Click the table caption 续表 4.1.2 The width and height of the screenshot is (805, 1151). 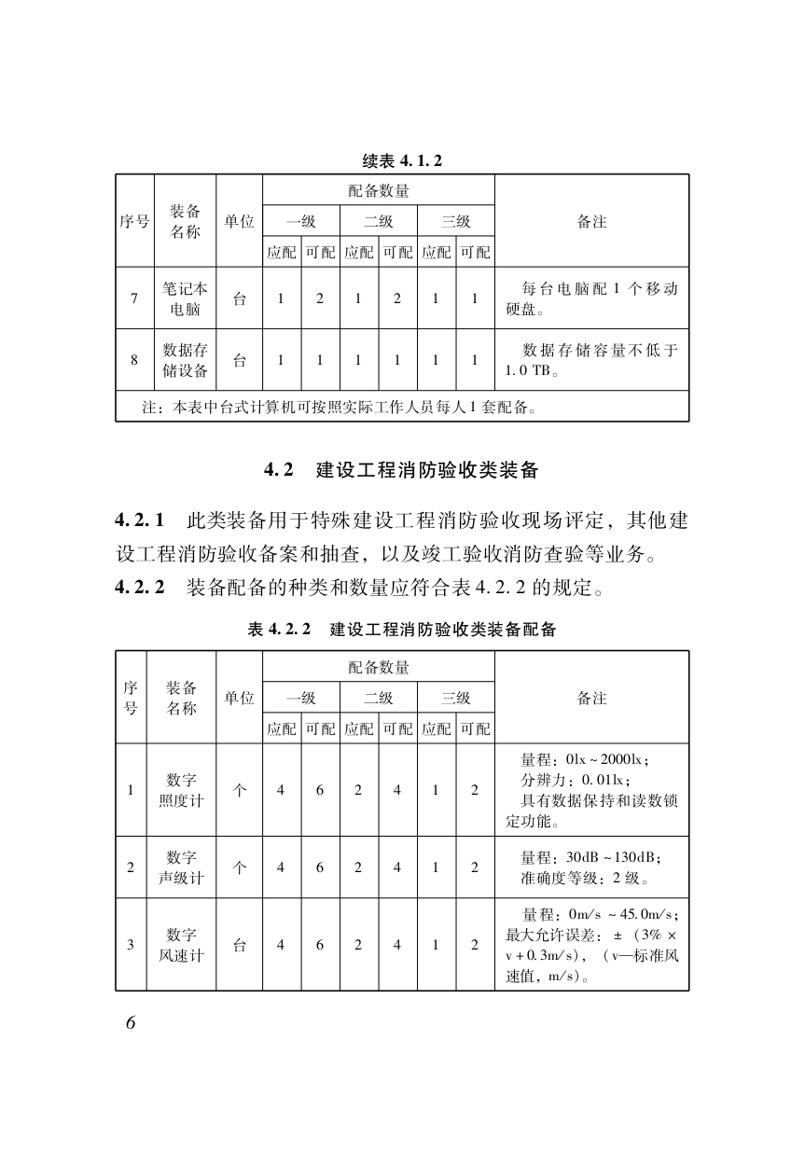pyautogui.click(x=402, y=160)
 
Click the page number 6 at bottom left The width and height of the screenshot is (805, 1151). pyautogui.click(x=131, y=1021)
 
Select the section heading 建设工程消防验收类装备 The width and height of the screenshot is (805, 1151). pyautogui.click(x=426, y=469)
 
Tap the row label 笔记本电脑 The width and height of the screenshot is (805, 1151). pyautogui.click(x=186, y=298)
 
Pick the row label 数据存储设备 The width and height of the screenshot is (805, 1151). pyautogui.click(x=186, y=360)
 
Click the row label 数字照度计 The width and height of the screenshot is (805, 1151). pyautogui.click(x=180, y=790)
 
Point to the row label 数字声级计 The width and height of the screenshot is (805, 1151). pyautogui.click(x=180, y=867)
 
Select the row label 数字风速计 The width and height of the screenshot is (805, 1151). pyautogui.click(x=180, y=945)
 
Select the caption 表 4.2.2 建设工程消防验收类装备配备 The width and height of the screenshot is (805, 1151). pyautogui.click(x=402, y=630)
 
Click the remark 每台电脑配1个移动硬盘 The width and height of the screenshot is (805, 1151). pyautogui.click(x=591, y=298)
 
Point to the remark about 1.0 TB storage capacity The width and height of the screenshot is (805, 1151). pyautogui.click(x=591, y=360)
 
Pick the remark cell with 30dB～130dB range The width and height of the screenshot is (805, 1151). pyautogui.click(x=591, y=867)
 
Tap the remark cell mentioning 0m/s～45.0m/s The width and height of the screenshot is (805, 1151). pyautogui.click(x=591, y=945)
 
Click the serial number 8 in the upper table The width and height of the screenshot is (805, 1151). pyautogui.click(x=134, y=360)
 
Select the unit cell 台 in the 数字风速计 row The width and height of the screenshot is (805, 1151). pyautogui.click(x=240, y=945)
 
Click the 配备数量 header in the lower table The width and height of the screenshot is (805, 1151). pyautogui.click(x=379, y=667)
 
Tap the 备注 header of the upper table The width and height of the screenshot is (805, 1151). pyautogui.click(x=591, y=221)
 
